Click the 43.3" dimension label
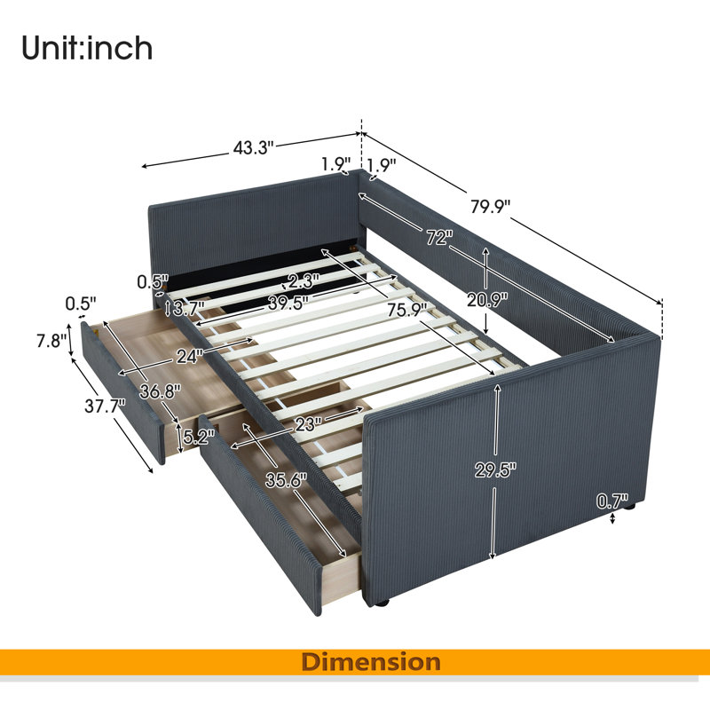(x=254, y=147)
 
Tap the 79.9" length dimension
(x=491, y=207)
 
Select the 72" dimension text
(x=439, y=237)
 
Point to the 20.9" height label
(x=487, y=299)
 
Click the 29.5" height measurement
(x=495, y=470)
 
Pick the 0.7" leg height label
(x=612, y=501)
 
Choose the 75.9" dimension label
(x=407, y=311)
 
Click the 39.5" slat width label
(x=288, y=303)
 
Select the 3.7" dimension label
(x=188, y=309)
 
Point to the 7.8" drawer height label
(x=51, y=341)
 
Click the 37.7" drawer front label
(x=105, y=406)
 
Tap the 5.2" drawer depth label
(x=198, y=437)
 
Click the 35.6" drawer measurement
(x=286, y=479)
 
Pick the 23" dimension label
(x=308, y=424)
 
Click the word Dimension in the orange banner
(x=371, y=662)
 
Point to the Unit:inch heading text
(x=87, y=48)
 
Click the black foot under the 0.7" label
(x=629, y=508)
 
